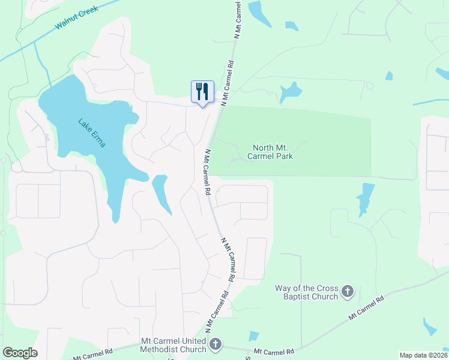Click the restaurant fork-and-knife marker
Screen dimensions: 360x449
click(202, 92)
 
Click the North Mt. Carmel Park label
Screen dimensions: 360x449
click(273, 152)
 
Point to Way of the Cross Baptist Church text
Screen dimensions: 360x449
click(307, 292)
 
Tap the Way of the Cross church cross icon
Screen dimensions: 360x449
click(347, 292)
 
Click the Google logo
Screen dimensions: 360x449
click(20, 353)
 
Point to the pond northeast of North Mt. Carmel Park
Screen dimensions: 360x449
click(291, 92)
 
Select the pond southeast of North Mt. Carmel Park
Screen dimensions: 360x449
click(364, 197)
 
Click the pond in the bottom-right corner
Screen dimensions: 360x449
click(430, 326)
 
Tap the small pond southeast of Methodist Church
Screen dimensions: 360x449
click(253, 337)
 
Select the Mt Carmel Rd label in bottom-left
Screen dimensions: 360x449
click(93, 355)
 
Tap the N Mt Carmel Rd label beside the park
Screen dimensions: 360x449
click(207, 172)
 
